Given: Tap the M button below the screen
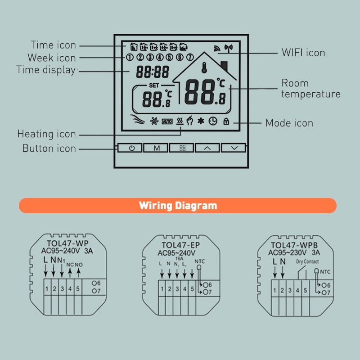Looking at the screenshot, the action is coord(157,148).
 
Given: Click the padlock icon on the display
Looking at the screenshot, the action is coord(225,121).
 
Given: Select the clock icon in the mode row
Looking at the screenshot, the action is coord(212,121).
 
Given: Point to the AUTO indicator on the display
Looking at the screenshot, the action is coord(167,121).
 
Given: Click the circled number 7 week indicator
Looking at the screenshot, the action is coord(190,57).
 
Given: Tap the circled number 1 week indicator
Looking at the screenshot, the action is coord(130,57).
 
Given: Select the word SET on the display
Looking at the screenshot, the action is coord(154,85).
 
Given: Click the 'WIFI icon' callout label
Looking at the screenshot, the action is coord(303,53).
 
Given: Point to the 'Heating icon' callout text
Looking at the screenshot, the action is coord(47,134).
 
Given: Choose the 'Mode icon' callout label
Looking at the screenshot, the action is coord(289,123).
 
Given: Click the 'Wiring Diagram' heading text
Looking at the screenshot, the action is coord(178,206).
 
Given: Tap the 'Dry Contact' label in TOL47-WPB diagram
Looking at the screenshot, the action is coord(307,261).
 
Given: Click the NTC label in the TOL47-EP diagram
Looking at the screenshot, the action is coord(199,261).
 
